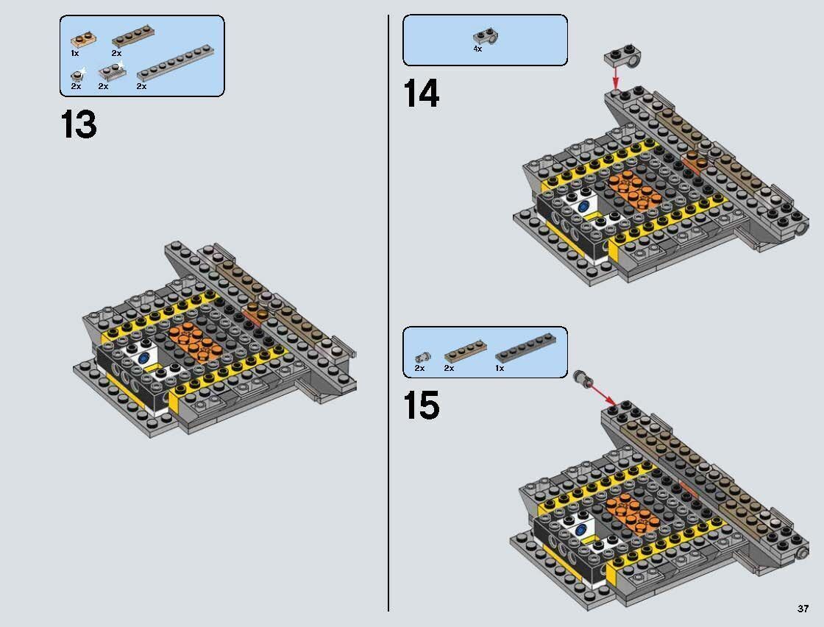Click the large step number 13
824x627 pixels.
click(78, 125)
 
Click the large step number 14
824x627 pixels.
click(422, 94)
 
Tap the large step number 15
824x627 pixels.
click(422, 406)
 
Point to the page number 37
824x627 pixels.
click(802, 609)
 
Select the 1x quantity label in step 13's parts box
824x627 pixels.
click(75, 54)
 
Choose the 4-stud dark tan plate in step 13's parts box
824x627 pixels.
click(128, 40)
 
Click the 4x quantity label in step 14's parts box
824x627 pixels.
click(477, 49)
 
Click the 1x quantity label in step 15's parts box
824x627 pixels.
click(500, 368)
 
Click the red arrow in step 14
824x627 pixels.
click(616, 76)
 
